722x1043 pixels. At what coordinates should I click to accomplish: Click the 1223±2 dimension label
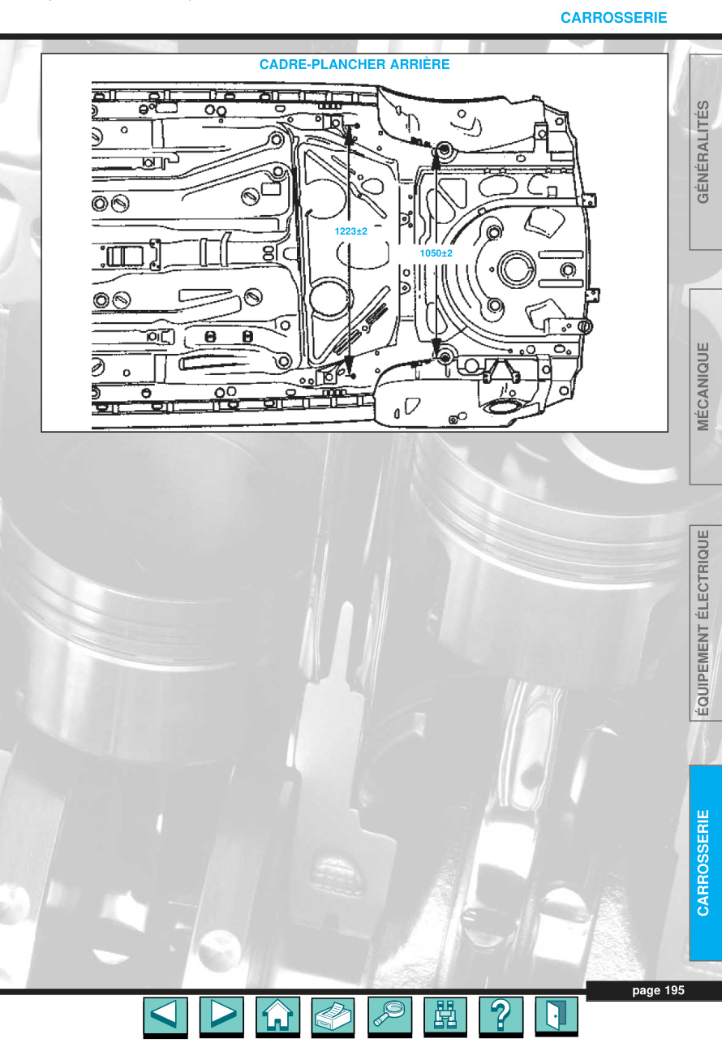pos(350,231)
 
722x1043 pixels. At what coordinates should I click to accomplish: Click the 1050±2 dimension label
pos(436,253)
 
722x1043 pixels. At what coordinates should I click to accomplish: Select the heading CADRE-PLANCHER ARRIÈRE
pos(355,64)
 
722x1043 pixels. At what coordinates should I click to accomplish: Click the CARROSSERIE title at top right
pos(613,18)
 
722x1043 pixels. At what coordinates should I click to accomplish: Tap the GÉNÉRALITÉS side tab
pos(703,152)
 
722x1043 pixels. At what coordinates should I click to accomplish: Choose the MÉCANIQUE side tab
pos(703,386)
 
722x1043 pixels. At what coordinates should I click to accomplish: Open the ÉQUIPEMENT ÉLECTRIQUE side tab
pos(703,623)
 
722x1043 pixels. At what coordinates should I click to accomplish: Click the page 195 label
pos(658,990)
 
